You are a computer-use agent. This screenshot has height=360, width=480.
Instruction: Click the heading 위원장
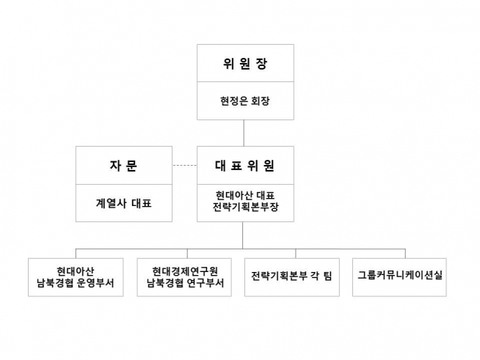pyautogui.click(x=245, y=63)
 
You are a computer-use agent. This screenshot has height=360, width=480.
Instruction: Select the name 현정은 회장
pyautogui.click(x=245, y=101)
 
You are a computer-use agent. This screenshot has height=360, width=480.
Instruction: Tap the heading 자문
pyautogui.click(x=123, y=165)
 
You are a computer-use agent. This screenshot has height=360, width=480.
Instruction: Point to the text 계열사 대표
pyautogui.click(x=123, y=203)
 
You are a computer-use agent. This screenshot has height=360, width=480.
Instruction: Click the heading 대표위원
pyautogui.click(x=245, y=165)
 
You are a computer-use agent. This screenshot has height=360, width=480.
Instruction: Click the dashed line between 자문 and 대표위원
pyautogui.click(x=184, y=165)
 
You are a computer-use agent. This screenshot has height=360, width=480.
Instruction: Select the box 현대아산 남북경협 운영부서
pyautogui.click(x=76, y=276)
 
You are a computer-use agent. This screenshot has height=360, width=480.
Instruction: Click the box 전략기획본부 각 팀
pyautogui.click(x=291, y=276)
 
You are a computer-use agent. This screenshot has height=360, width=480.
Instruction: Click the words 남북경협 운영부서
pyautogui.click(x=76, y=283)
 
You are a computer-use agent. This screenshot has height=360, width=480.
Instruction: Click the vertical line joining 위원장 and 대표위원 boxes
pyautogui.click(x=245, y=132)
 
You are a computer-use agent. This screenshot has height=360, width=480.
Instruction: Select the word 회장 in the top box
pyautogui.click(x=260, y=101)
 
